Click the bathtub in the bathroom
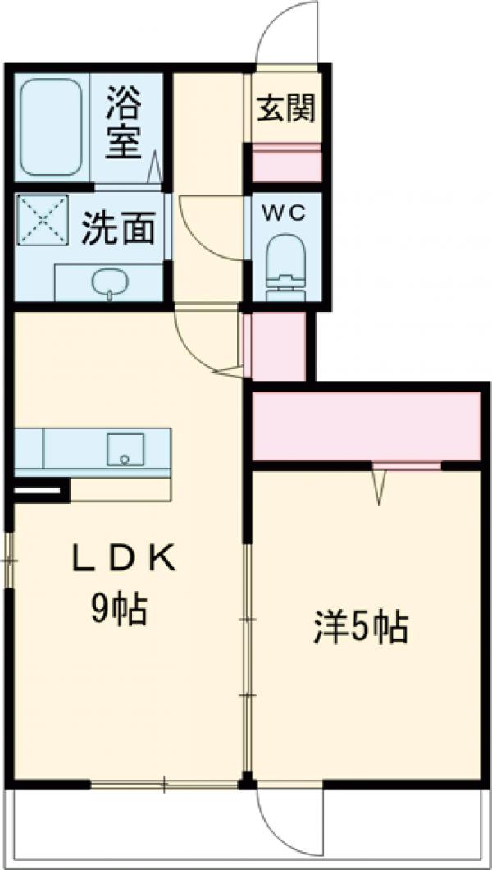51,127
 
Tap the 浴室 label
125,123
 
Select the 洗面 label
118,230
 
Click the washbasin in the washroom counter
109,283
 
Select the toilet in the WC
285,261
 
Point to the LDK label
123,560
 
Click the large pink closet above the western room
365,426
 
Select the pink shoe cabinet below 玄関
285,163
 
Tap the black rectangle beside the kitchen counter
38,492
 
